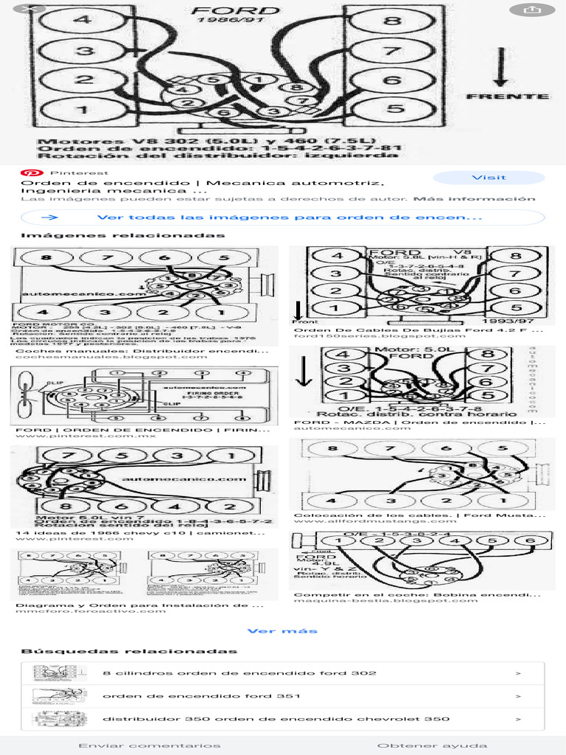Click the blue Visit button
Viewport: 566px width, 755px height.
pyautogui.click(x=489, y=178)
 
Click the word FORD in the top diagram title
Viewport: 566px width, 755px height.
pyautogui.click(x=235, y=10)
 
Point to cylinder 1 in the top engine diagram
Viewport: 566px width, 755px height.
pyautogui.click(x=83, y=111)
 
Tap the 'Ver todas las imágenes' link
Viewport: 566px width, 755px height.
pyautogui.click(x=289, y=218)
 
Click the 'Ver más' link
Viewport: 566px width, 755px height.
pyautogui.click(x=282, y=631)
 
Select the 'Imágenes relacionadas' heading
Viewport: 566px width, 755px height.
pyautogui.click(x=122, y=236)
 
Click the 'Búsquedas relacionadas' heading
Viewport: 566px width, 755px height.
pyautogui.click(x=129, y=652)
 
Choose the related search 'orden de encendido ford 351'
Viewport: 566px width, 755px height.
pyautogui.click(x=190, y=696)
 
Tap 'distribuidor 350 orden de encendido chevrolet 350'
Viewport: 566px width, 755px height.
pyautogui.click(x=276, y=719)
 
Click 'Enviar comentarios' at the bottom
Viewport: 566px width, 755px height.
pyautogui.click(x=149, y=745)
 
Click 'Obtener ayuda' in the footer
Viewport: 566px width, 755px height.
pyautogui.click(x=432, y=745)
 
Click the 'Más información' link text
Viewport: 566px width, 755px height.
pyautogui.click(x=474, y=199)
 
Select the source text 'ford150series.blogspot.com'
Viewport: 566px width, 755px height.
pyautogui.click(x=359, y=336)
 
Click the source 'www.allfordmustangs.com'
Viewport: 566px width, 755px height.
pyautogui.click(x=364, y=521)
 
